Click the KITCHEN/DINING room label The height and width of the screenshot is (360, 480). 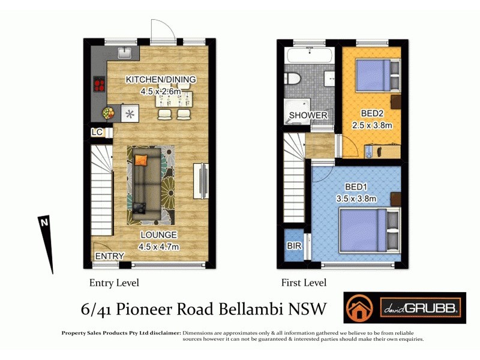click(160, 80)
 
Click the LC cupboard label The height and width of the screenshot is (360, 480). click(97, 132)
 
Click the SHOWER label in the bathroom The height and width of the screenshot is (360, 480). click(308, 115)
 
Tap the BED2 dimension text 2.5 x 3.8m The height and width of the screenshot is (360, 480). click(371, 125)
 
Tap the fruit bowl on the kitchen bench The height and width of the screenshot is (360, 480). click(109, 112)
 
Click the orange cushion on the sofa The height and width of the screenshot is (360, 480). click(141, 160)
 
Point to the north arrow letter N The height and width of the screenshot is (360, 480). click(43, 222)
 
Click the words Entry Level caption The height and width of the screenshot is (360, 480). click(114, 283)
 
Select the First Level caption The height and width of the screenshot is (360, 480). click(304, 283)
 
